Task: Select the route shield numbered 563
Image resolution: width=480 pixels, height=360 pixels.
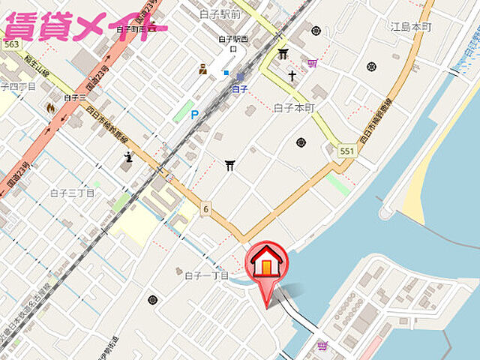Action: [x=10, y=45]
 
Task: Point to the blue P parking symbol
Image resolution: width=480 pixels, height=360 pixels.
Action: [x=195, y=114]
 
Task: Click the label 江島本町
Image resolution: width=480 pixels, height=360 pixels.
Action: [x=411, y=26]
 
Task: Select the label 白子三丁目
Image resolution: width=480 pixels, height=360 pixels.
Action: [x=72, y=193]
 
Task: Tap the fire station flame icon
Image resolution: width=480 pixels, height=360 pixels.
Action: [x=50, y=107]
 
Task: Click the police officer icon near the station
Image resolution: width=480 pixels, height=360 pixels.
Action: [x=202, y=70]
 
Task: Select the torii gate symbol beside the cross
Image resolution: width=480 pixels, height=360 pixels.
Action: [x=283, y=54]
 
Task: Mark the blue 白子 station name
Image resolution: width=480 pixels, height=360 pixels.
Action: [x=239, y=88]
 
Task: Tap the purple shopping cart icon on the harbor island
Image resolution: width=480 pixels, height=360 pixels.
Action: [x=322, y=346]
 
